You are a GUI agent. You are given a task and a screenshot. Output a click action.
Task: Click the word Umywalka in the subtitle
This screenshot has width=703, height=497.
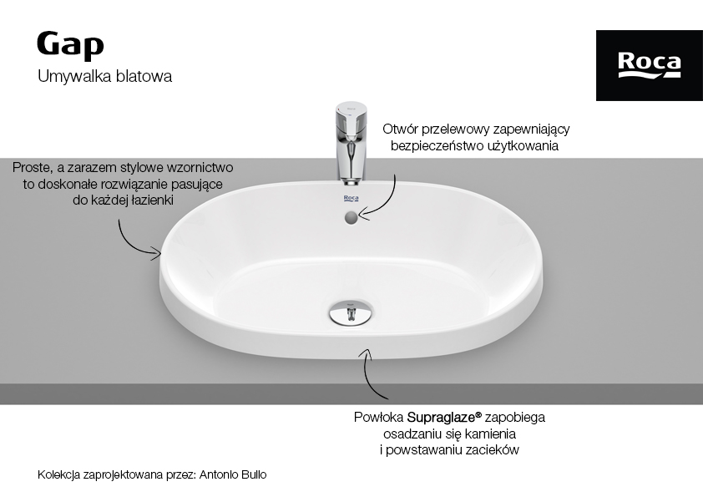[x=75, y=76]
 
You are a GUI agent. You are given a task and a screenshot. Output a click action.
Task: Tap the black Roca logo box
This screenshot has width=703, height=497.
[x=650, y=65]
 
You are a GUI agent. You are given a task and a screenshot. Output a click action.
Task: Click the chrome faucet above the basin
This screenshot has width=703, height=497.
[x=351, y=144]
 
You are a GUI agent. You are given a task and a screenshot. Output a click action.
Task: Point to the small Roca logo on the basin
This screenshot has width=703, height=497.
[x=351, y=198]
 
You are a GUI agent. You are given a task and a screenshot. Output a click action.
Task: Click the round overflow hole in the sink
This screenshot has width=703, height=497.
[x=351, y=218]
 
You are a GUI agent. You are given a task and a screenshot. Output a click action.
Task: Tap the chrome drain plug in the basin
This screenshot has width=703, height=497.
[x=351, y=312]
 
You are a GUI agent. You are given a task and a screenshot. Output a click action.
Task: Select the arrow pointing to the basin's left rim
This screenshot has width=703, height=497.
[x=131, y=244]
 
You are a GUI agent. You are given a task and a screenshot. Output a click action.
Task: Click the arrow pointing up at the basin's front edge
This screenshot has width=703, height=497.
[x=367, y=376]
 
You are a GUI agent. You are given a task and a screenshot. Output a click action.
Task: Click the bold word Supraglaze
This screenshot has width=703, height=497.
[x=441, y=418]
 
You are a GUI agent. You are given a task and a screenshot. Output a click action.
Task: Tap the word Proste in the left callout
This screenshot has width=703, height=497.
[x=32, y=168]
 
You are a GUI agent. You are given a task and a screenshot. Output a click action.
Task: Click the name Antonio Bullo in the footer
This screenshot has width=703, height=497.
[x=233, y=474]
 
